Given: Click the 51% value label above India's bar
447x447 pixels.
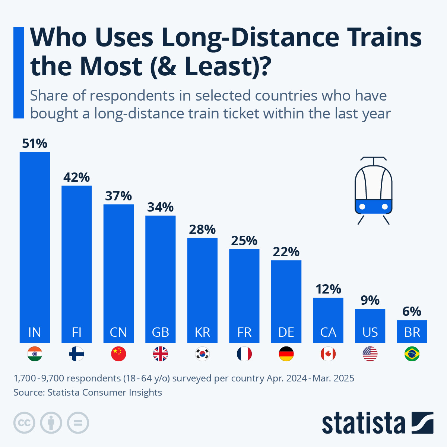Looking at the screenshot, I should click(x=35, y=144).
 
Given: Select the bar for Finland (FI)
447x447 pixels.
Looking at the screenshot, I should click(x=76, y=261).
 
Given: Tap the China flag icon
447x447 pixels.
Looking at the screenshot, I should click(x=118, y=354).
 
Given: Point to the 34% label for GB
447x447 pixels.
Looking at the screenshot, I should click(x=160, y=207).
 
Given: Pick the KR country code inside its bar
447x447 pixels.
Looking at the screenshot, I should click(x=202, y=332).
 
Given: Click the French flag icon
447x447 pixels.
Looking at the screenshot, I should click(x=244, y=354).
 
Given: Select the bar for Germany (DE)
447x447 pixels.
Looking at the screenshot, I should click(x=286, y=298).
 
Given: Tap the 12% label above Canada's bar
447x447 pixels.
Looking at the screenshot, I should click(x=328, y=289).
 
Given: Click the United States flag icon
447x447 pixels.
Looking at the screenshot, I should click(x=370, y=354).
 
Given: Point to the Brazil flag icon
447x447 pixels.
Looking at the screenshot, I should click(x=412, y=354).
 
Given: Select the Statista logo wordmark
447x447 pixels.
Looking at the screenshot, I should click(x=363, y=423).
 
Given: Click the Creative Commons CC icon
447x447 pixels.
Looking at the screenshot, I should click(x=24, y=423).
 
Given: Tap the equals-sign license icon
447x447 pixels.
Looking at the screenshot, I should click(x=78, y=423).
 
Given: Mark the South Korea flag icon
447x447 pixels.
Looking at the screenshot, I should click(x=202, y=354).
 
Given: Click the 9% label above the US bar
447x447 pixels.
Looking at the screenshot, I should click(x=370, y=300).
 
